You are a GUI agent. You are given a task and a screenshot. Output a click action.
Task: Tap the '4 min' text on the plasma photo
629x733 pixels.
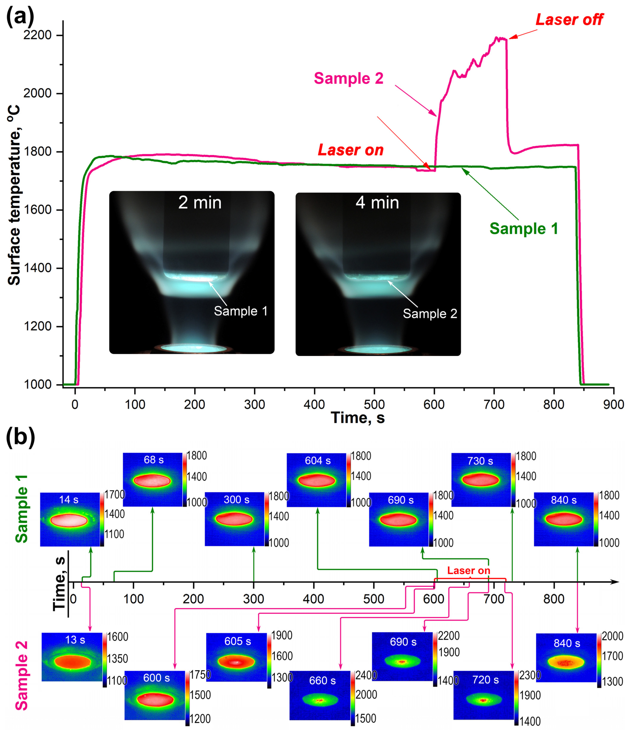tap(377, 203)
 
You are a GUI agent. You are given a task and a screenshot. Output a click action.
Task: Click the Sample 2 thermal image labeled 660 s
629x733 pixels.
tap(320, 695)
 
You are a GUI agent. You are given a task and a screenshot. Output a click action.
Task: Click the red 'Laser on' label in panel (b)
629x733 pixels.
tap(469, 571)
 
